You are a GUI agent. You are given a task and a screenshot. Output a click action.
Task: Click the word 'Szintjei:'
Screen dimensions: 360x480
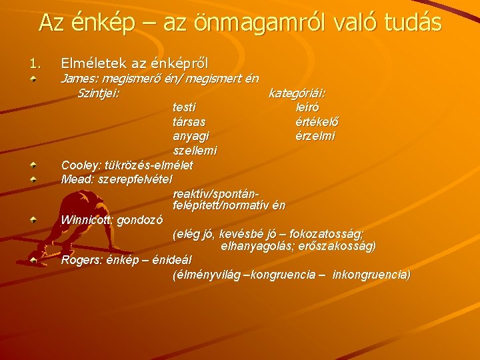[x=99, y=93]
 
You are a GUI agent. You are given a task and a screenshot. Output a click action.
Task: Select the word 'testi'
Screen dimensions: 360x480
[x=185, y=107]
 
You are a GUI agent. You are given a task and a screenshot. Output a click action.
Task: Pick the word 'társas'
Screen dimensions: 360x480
[x=189, y=121]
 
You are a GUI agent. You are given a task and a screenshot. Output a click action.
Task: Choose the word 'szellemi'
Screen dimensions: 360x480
[x=194, y=151]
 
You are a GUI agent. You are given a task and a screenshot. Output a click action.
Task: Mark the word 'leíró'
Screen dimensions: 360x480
[x=307, y=107]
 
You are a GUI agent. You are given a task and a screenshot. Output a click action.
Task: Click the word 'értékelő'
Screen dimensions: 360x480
[x=317, y=121]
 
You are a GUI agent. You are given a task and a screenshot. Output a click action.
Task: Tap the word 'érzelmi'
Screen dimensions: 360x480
[x=315, y=136]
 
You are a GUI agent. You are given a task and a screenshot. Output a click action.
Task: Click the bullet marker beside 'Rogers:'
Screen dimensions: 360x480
[x=31, y=259]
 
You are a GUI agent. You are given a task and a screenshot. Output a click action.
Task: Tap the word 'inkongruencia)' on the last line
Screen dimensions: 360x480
[x=371, y=275]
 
